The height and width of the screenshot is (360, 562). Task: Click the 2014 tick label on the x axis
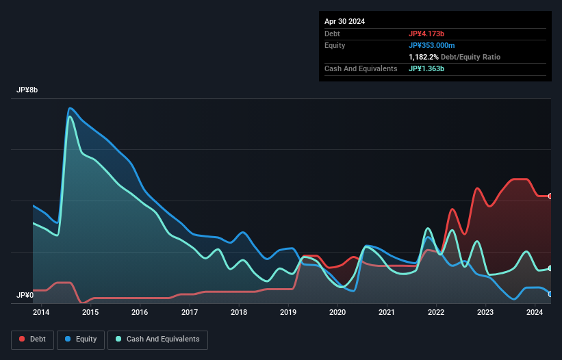tap(41, 313)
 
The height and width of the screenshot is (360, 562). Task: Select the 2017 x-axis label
tap(190, 313)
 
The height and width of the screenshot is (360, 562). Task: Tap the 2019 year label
tap(288, 313)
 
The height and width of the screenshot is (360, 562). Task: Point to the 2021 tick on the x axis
tap(387, 313)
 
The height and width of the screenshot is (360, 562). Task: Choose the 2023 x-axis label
tap(486, 313)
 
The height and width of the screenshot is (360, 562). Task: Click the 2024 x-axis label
tap(535, 313)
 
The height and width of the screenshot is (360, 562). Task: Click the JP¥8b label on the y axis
tap(28, 90)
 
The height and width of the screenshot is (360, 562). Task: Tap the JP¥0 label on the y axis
tap(25, 295)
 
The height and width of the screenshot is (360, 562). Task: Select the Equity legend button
tap(81, 339)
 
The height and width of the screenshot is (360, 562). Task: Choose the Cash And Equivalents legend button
tap(157, 339)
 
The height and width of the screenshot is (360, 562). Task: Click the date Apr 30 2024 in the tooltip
tap(344, 21)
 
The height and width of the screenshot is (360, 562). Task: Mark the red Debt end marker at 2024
tap(550, 196)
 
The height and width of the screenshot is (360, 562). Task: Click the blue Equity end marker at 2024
tap(550, 294)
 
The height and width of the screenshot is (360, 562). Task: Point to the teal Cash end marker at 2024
tap(550, 268)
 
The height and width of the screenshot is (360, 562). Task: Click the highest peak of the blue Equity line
tap(69, 107)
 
